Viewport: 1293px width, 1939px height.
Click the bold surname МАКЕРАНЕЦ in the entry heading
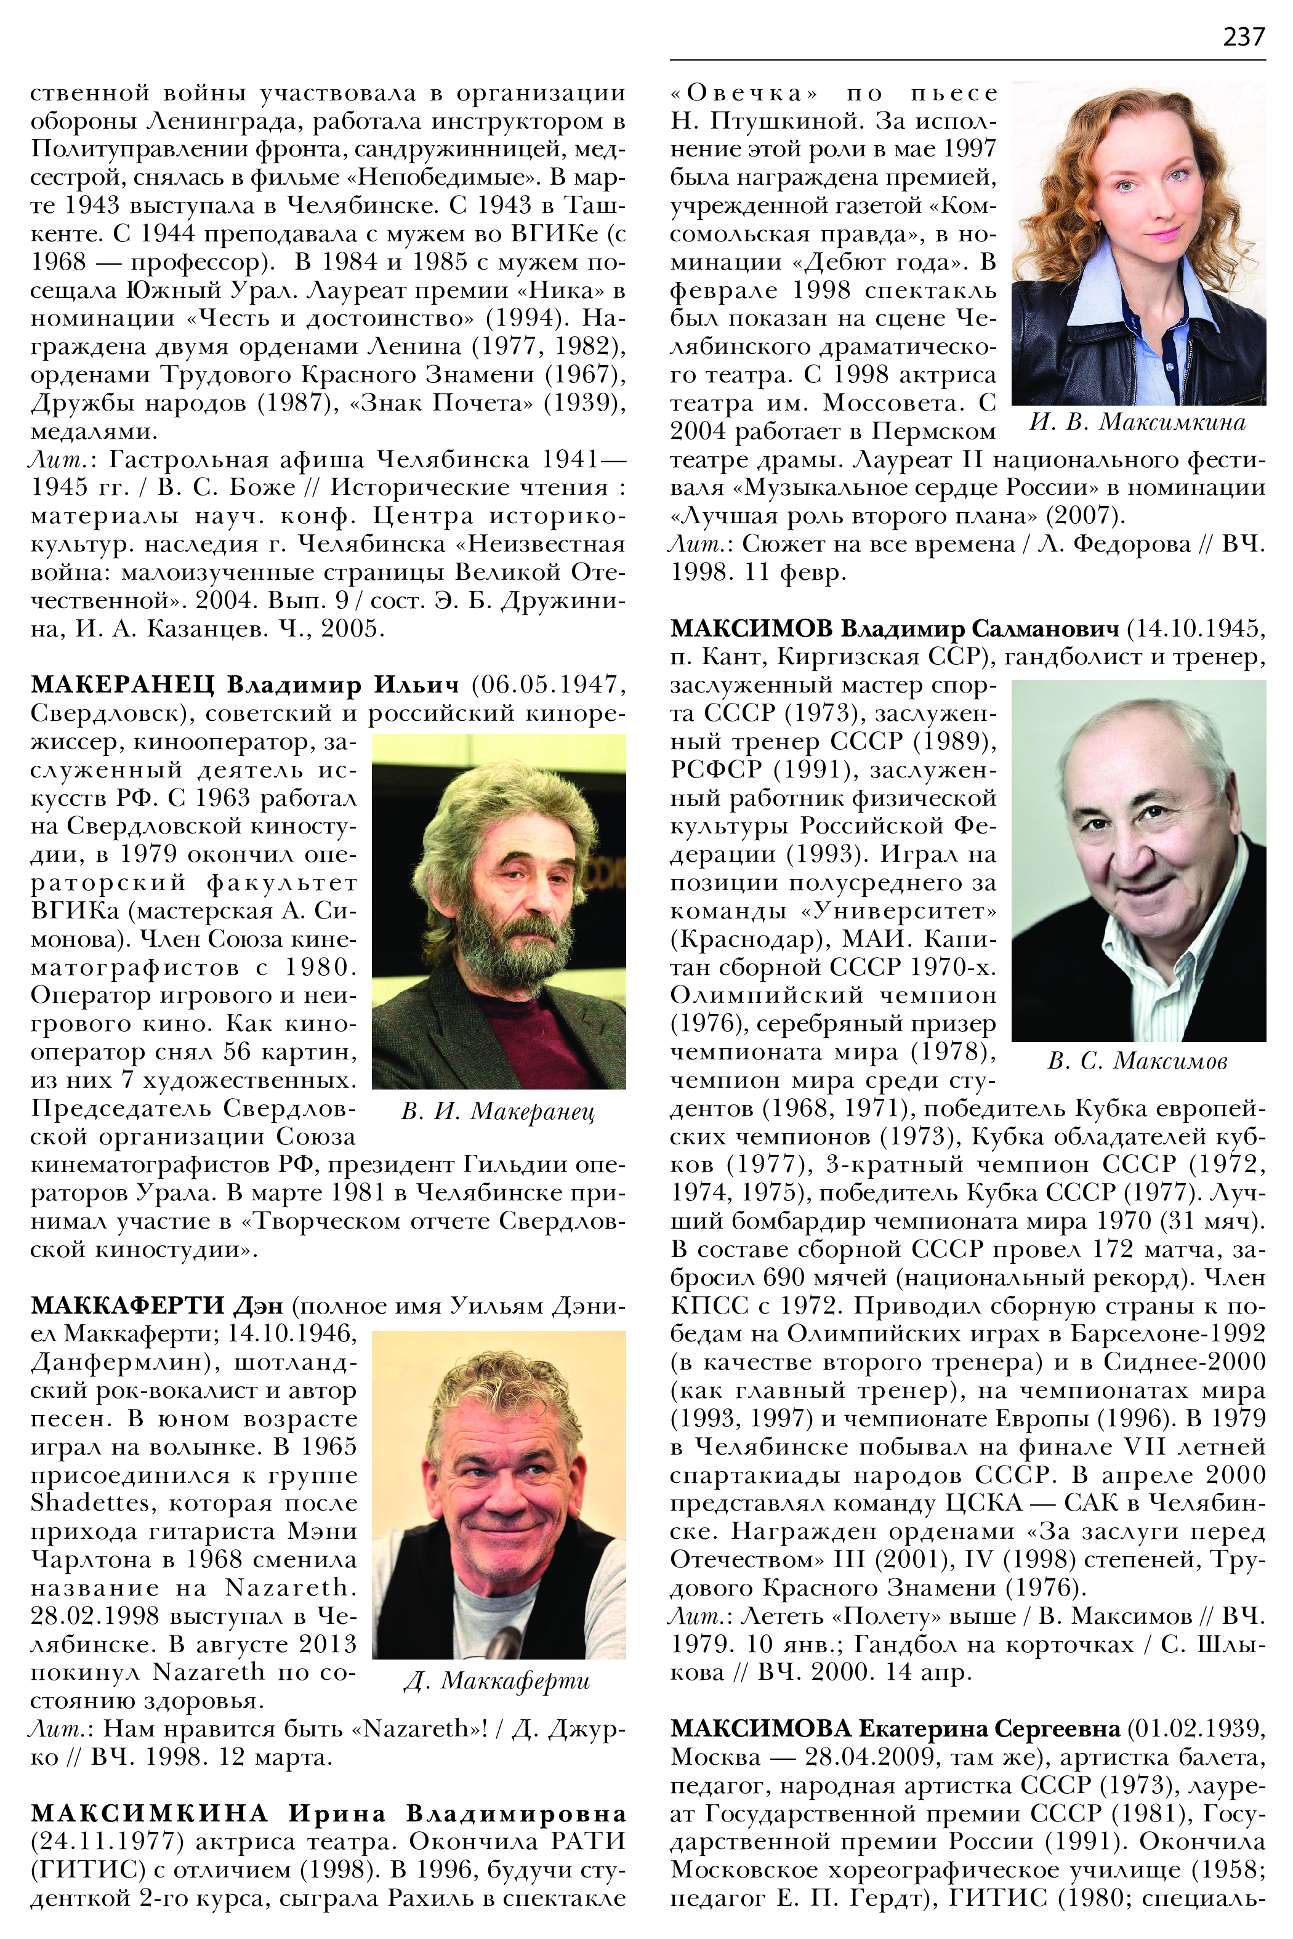point(122,685)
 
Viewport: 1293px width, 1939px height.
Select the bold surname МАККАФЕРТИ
point(128,1306)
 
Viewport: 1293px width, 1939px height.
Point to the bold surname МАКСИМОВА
point(759,1728)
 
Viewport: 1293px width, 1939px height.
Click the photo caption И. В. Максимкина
point(1137,423)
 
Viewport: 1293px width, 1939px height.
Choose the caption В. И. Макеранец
point(497,1112)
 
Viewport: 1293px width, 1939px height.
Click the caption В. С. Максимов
point(1137,1061)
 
